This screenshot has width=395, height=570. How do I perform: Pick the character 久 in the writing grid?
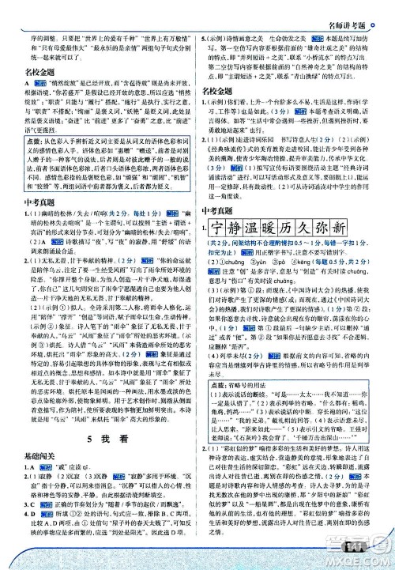[x=335, y=229]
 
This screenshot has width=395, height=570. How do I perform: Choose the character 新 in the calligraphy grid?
[x=378, y=229]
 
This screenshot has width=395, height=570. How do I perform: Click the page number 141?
[x=358, y=542]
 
